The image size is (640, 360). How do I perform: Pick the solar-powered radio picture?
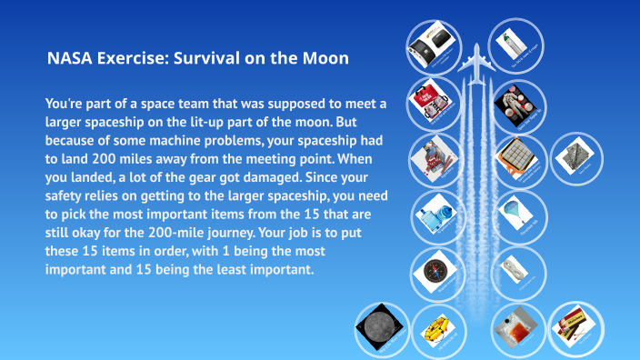[431, 44]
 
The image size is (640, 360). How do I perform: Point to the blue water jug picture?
[433, 216]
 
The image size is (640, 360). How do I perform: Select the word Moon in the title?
[326, 59]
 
